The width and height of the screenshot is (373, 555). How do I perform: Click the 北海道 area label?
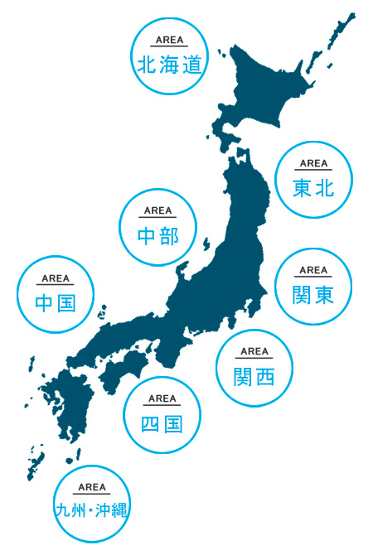(170, 64)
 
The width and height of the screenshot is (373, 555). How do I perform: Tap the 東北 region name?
(313, 189)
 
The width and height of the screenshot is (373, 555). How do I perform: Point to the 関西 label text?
(254, 377)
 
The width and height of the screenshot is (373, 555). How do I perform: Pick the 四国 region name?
(162, 425)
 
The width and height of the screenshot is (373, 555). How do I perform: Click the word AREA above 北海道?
(170, 39)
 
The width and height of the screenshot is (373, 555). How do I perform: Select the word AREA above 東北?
(313, 163)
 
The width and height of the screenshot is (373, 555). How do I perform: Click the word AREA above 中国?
(56, 278)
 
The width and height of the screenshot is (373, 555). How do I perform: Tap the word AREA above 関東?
(313, 269)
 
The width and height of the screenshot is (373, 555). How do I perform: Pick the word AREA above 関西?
(254, 352)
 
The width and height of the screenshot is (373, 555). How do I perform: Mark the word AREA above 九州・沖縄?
(92, 487)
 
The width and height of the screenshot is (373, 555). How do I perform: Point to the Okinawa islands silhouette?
(36, 461)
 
